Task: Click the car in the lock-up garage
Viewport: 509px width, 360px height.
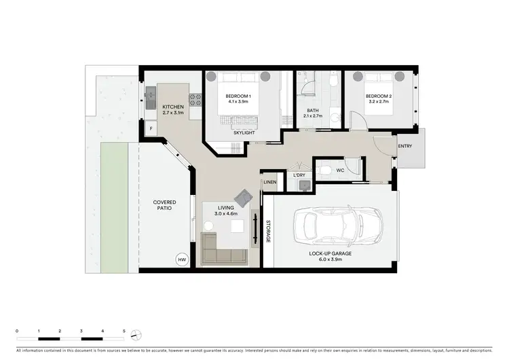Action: click(335, 228)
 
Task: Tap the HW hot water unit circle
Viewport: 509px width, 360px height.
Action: click(182, 259)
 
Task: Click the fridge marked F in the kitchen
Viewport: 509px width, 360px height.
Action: click(150, 128)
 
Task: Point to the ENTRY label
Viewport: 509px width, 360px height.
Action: click(404, 146)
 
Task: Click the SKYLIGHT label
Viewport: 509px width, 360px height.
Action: click(244, 132)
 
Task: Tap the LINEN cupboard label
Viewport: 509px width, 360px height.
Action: click(270, 182)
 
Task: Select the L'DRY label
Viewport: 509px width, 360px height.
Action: click(299, 176)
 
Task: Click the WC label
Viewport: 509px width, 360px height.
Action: click(341, 169)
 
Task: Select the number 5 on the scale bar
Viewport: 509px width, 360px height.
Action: click(124, 331)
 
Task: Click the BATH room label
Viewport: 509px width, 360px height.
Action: click(312, 111)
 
